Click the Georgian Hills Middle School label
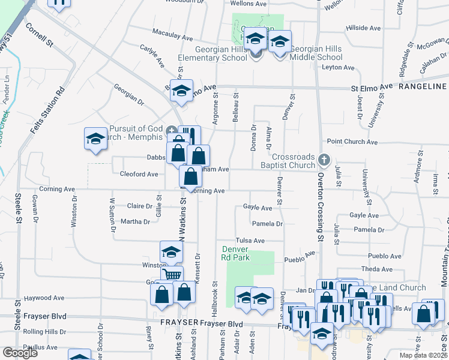coord(316,53)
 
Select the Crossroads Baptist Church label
coord(287,160)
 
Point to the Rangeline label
coord(423,87)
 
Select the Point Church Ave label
coord(352,142)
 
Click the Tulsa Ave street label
coord(250,241)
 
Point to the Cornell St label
coord(40,35)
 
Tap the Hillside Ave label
coord(364,28)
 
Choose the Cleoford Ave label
coord(139,174)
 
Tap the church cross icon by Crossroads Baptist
coord(324,160)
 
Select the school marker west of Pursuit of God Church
coord(95,139)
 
